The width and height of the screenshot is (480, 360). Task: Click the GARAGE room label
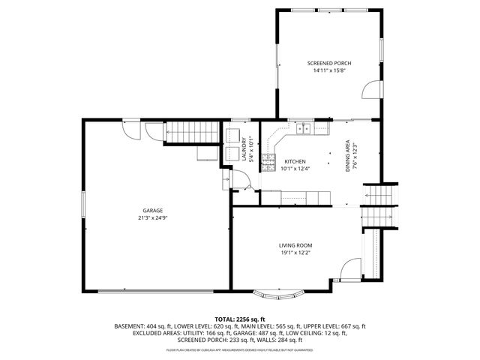154,210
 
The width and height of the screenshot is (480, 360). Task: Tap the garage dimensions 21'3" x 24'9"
154,218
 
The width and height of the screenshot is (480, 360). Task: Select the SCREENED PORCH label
329,63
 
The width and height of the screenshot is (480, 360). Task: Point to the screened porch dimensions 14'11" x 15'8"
329,71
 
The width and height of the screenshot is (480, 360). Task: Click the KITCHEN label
294,161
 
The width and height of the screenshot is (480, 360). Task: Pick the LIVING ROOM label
295,245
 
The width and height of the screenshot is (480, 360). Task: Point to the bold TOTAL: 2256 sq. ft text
240,319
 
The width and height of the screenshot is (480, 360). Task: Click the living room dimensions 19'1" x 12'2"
295,253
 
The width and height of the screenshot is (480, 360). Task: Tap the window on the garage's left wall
82,206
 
